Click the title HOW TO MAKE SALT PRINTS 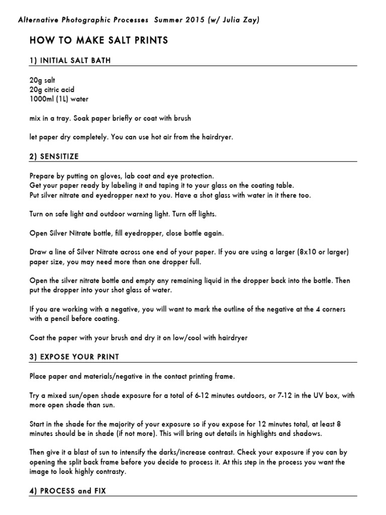point(99,40)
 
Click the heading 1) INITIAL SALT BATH point(70,60)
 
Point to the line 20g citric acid point(52,90)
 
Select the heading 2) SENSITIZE point(54,156)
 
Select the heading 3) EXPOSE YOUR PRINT point(74,357)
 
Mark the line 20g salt point(42,80)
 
